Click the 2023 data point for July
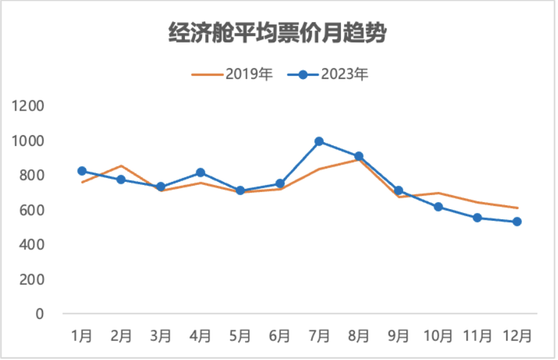(x=319, y=141)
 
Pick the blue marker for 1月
(x=82, y=171)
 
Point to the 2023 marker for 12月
(x=517, y=222)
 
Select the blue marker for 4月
(x=201, y=172)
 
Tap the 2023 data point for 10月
(x=438, y=207)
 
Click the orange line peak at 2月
(x=121, y=166)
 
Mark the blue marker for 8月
(x=359, y=156)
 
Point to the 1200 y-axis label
(x=28, y=106)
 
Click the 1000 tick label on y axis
(x=28, y=141)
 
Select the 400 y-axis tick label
(x=31, y=244)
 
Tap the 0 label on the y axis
(x=40, y=314)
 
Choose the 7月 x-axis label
(x=319, y=335)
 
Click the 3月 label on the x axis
(x=161, y=335)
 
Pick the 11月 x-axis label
(x=477, y=335)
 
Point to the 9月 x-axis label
(x=398, y=335)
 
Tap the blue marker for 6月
(x=280, y=184)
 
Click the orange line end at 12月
(x=517, y=208)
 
